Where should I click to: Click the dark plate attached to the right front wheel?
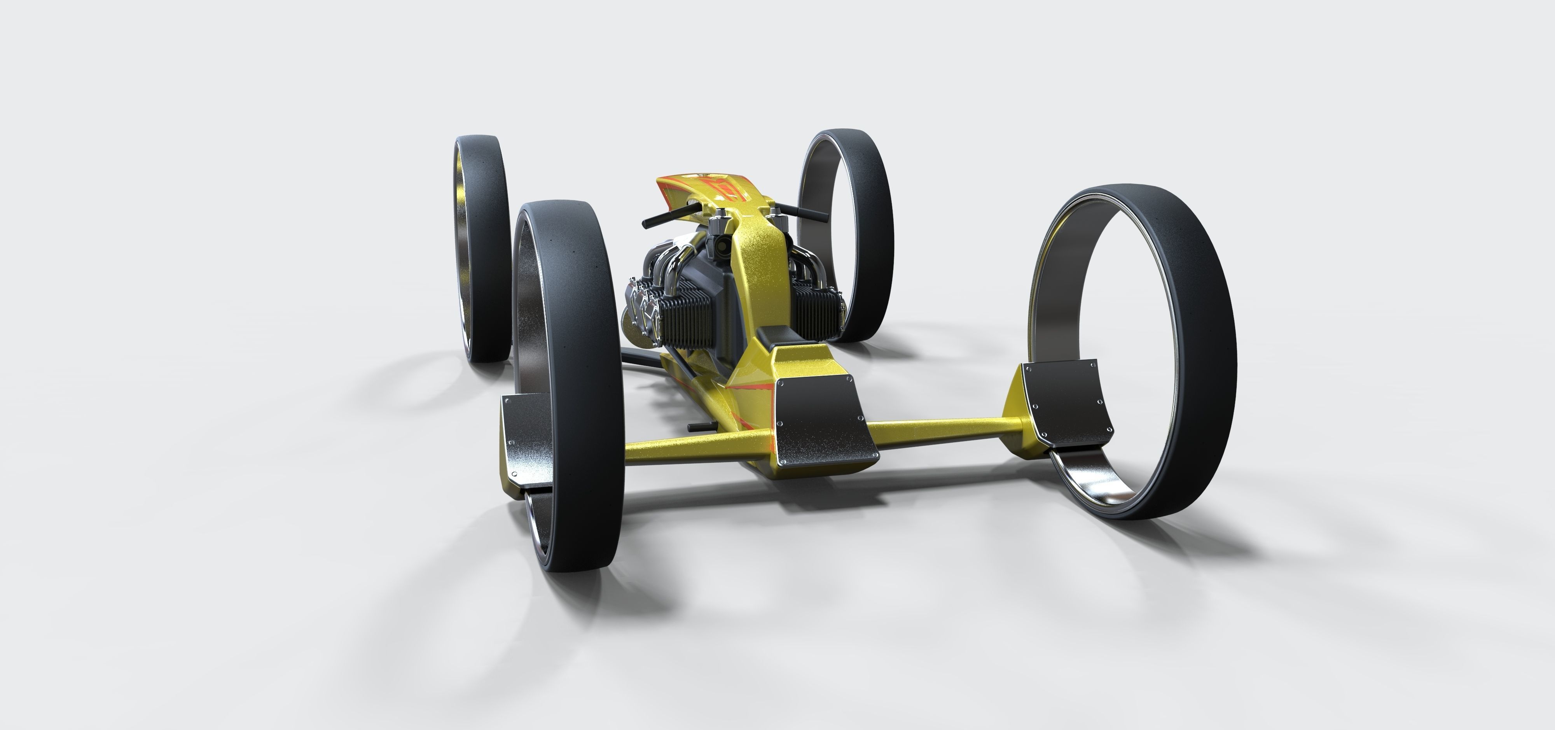(1067, 401)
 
